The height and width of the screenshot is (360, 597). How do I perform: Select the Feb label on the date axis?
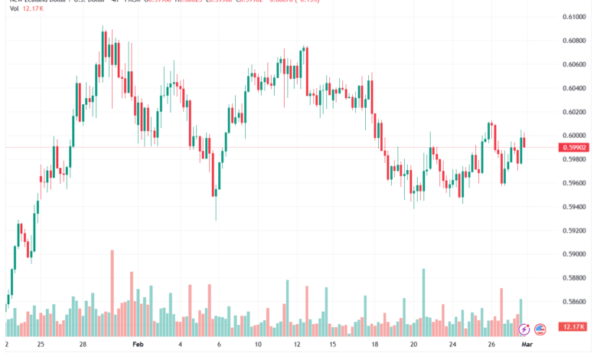tap(139, 345)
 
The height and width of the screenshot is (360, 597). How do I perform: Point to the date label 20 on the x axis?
tap(413, 345)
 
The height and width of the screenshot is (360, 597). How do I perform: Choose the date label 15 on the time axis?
tap(333, 345)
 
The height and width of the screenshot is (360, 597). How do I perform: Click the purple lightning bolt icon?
tap(524, 329)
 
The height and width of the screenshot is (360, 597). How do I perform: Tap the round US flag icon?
tap(540, 329)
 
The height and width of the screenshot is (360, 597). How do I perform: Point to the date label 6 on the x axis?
tap(218, 345)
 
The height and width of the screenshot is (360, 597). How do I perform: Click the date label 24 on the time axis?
tap(453, 345)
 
